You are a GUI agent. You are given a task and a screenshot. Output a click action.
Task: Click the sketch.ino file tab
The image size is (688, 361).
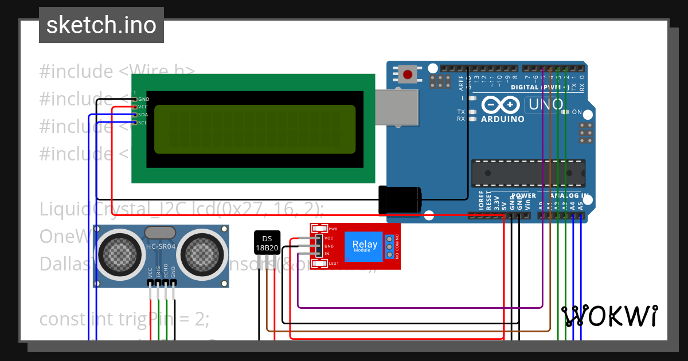pos(101,25)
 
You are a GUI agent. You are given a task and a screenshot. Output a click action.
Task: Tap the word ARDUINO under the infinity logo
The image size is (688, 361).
pos(502,119)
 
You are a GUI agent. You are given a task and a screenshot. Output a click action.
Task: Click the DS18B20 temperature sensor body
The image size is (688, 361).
pos(267,243)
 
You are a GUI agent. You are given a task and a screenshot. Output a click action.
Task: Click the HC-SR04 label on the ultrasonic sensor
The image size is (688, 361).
pos(161,247)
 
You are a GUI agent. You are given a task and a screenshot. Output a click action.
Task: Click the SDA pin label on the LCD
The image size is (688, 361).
pos(143,115)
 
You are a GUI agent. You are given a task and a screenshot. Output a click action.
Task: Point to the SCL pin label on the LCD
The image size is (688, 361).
pos(143,122)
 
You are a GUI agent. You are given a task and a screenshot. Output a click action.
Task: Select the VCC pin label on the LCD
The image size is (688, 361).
pos(143,107)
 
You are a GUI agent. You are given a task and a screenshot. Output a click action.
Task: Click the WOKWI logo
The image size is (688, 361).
pos(609,316)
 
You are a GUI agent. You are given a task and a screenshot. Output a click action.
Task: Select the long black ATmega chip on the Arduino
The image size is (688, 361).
pos(528,173)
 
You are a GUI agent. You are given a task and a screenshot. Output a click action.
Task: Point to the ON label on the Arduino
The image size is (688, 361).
pos(577,112)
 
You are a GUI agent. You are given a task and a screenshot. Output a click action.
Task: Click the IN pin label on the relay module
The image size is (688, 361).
pos(327,253)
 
